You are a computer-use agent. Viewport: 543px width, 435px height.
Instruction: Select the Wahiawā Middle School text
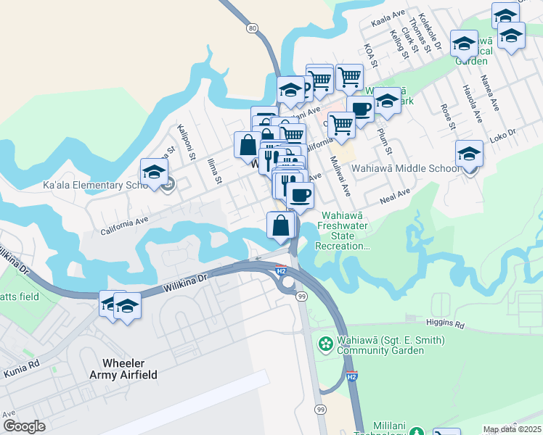(x=405, y=168)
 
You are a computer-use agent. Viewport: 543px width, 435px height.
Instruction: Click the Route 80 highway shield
(x=252, y=28)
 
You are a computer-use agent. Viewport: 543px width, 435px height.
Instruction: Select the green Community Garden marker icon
(x=327, y=341)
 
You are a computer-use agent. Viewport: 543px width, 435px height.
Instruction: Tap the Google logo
(x=24, y=426)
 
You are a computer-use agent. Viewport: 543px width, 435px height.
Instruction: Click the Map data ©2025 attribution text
(x=512, y=429)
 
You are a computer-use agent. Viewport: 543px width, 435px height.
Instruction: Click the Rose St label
(x=446, y=117)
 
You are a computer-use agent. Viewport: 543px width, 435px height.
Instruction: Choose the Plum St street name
(x=384, y=141)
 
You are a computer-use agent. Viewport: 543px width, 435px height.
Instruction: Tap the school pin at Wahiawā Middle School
(x=470, y=154)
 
